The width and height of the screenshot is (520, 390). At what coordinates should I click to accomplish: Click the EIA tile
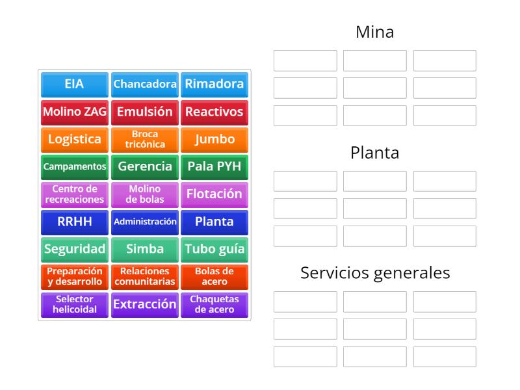pyautogui.click(x=74, y=84)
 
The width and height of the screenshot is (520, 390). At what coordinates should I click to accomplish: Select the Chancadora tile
pyautogui.click(x=144, y=84)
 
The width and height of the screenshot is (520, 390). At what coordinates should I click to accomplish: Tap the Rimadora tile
pyautogui.click(x=214, y=84)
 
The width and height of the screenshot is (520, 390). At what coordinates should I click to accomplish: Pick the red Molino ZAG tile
pyautogui.click(x=74, y=112)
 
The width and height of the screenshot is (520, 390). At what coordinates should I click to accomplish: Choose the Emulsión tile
pyautogui.click(x=144, y=112)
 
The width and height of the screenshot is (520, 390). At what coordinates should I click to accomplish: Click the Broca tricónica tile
pyautogui.click(x=144, y=139)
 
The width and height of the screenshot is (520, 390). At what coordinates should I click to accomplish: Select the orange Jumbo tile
pyautogui.click(x=214, y=139)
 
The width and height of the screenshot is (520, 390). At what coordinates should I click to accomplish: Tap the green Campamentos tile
pyautogui.click(x=74, y=166)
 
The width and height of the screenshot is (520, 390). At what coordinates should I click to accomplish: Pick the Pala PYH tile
pyautogui.click(x=214, y=166)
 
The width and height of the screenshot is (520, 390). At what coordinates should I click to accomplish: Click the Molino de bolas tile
pyautogui.click(x=144, y=194)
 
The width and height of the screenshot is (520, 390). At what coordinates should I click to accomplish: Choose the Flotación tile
pyautogui.click(x=214, y=194)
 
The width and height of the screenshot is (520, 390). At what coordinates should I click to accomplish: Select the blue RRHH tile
pyautogui.click(x=74, y=222)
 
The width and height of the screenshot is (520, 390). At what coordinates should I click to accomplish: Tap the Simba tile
pyautogui.click(x=144, y=249)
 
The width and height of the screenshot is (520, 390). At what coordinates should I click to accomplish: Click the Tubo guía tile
pyautogui.click(x=214, y=249)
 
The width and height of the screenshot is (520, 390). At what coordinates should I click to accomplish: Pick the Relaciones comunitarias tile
pyautogui.click(x=144, y=276)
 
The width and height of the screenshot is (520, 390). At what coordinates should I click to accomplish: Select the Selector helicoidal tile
pyautogui.click(x=74, y=304)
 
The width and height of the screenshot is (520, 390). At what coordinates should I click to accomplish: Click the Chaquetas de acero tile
pyautogui.click(x=214, y=304)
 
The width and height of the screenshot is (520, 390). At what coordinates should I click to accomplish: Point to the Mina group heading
pyautogui.click(x=374, y=32)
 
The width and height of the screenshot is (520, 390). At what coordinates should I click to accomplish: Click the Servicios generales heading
pyautogui.click(x=374, y=273)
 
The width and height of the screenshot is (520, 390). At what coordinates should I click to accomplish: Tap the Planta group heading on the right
pyautogui.click(x=374, y=153)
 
